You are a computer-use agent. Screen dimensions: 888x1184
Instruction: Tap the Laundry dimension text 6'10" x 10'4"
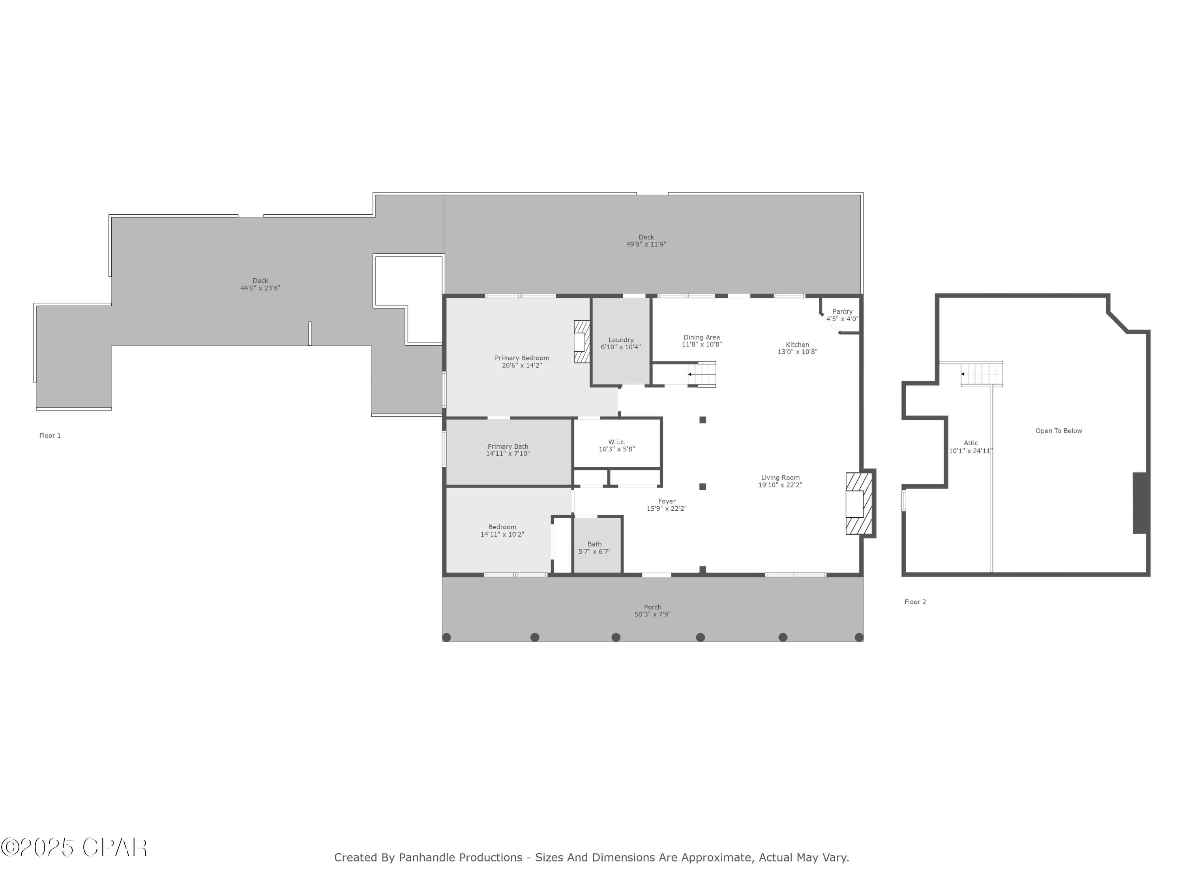point(620,347)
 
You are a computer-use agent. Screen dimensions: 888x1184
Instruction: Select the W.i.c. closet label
point(616,442)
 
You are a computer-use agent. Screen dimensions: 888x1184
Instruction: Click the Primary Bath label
point(508,446)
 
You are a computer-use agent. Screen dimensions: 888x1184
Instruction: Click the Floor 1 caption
point(50,436)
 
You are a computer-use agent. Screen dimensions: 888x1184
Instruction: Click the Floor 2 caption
point(915,602)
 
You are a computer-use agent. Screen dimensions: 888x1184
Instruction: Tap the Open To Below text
point(1058,431)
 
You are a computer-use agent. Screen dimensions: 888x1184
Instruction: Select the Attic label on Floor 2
point(970,443)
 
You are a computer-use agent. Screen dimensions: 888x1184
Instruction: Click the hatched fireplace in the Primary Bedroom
point(581,341)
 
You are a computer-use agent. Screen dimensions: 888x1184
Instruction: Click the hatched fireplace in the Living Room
point(855,504)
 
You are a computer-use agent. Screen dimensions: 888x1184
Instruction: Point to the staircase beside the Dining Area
point(702,374)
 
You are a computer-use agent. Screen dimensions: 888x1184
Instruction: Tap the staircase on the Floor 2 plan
point(982,374)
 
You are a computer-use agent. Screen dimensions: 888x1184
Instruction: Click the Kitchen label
point(797,345)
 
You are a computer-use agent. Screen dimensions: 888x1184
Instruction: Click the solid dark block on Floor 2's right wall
point(1140,503)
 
